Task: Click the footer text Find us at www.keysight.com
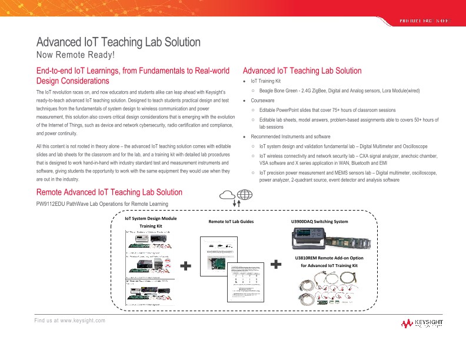click(69, 320)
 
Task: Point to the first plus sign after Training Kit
click(186, 266)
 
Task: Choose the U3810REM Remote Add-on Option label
click(328, 258)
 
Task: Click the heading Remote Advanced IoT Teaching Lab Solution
click(109, 192)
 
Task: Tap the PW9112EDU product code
click(51, 204)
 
